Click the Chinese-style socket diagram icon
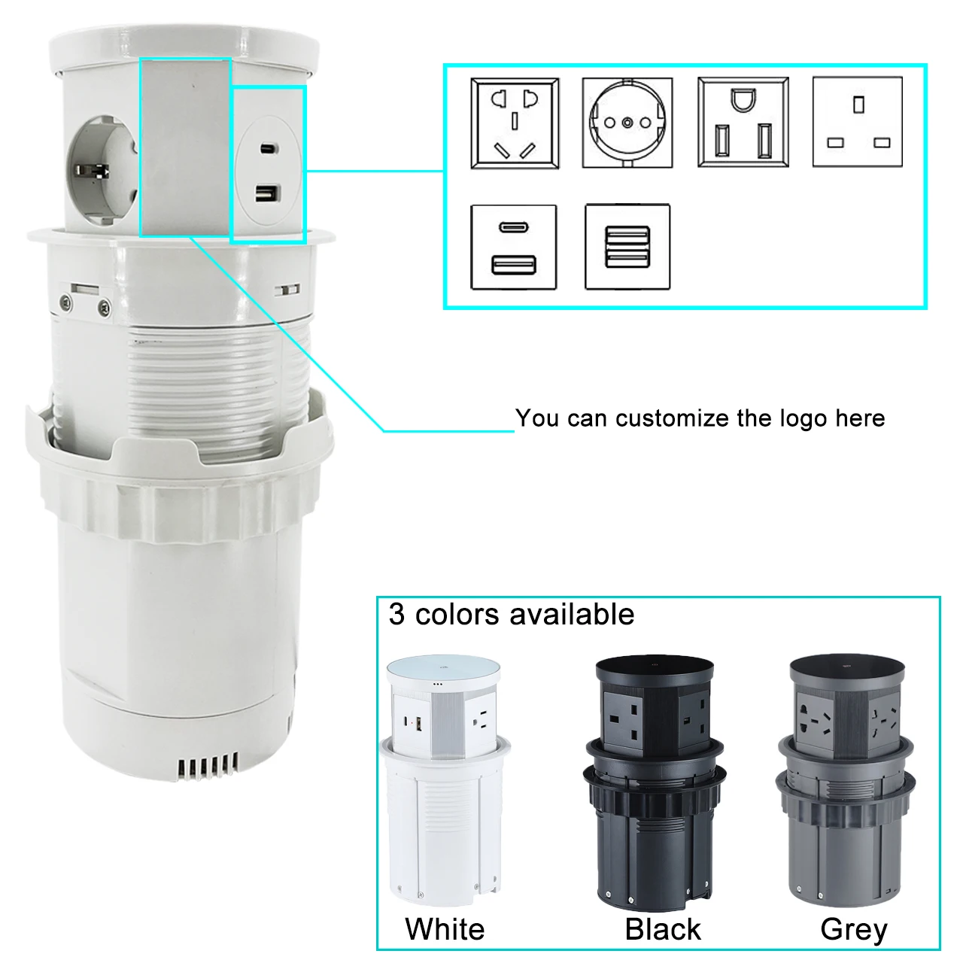tap(515, 123)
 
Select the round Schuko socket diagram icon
tap(627, 123)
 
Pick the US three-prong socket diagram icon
tap(743, 122)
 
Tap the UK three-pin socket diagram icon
tap(858, 121)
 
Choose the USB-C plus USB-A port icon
tap(514, 247)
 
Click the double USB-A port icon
tap(627, 246)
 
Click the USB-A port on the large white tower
tap(268, 193)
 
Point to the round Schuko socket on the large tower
tap(102, 170)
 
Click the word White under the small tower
tap(445, 929)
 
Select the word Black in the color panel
tap(663, 929)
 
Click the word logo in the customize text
tap(804, 419)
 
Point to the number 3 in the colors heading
tap(396, 614)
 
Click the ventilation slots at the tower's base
tap(208, 767)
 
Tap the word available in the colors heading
tap(573, 614)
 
